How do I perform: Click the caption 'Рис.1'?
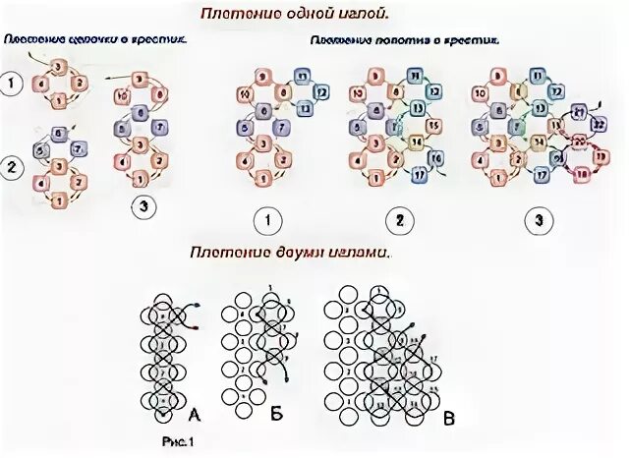click(178, 441)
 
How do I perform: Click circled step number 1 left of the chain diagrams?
click(14, 85)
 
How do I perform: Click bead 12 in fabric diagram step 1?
click(319, 93)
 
